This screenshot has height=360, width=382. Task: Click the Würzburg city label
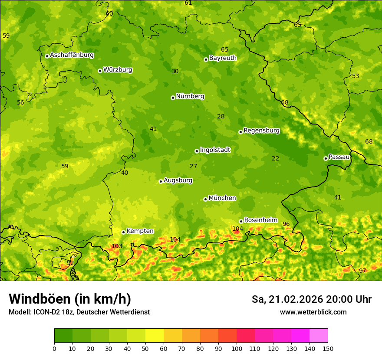pyautogui.click(x=118, y=70)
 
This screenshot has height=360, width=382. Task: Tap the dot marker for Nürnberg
pyautogui.click(x=173, y=98)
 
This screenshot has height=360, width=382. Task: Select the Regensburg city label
pyautogui.click(x=261, y=131)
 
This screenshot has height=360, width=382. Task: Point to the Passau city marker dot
pyautogui.click(x=326, y=158)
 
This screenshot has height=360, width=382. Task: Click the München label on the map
pyautogui.click(x=222, y=198)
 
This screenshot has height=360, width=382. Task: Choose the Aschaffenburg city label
pyautogui.click(x=72, y=55)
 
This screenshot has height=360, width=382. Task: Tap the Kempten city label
pyautogui.click(x=140, y=231)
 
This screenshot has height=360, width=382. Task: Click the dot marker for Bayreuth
pyautogui.click(x=206, y=59)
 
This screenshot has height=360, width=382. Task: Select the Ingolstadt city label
pyautogui.click(x=215, y=150)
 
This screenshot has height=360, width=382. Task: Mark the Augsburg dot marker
pyautogui.click(x=161, y=181)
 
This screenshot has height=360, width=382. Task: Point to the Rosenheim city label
pyautogui.click(x=260, y=220)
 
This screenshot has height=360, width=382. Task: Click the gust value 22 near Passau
pyautogui.click(x=276, y=159)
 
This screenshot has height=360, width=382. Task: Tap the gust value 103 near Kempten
pyautogui.click(x=117, y=246)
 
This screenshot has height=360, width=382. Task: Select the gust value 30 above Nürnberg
pyautogui.click(x=175, y=72)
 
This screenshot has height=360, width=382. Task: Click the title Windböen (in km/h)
pyautogui.click(x=70, y=299)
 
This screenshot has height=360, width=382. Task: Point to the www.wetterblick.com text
pyautogui.click(x=313, y=312)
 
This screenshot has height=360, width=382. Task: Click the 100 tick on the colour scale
pyautogui.click(x=237, y=348)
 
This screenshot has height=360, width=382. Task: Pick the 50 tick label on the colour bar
pyautogui.click(x=145, y=348)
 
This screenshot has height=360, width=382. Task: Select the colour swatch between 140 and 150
pyautogui.click(x=319, y=335)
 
